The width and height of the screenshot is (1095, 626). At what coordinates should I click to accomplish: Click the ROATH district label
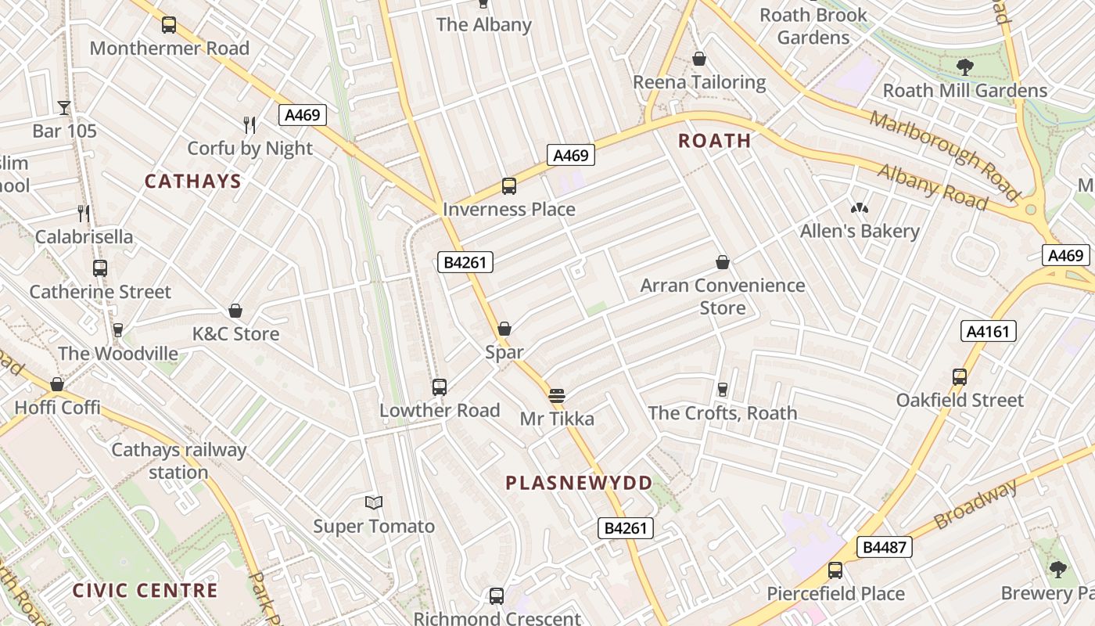[x=714, y=141]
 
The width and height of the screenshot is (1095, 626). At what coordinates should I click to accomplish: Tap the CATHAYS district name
[x=192, y=182]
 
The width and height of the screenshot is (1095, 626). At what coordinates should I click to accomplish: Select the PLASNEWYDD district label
[x=579, y=483]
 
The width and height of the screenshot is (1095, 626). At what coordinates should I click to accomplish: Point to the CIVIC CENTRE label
[x=145, y=590]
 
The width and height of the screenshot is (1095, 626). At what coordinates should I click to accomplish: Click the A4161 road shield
[x=988, y=332]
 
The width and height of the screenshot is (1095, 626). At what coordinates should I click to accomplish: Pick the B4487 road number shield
[x=885, y=547]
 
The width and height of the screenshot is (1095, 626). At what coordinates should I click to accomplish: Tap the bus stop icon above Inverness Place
[x=509, y=186]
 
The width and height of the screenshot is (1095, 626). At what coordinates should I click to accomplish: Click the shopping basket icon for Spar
[x=504, y=329]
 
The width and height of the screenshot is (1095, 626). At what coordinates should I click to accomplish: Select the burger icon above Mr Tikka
[x=557, y=396]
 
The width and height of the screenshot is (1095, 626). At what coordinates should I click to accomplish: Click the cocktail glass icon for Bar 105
[x=64, y=107]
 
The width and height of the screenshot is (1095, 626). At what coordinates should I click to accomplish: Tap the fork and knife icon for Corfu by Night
[x=250, y=124]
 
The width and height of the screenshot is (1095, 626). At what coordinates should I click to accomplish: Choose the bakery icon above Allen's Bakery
[x=859, y=208]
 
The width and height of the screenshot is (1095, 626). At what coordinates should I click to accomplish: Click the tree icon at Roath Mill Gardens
[x=965, y=67]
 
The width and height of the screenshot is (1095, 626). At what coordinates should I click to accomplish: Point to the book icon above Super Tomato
[x=374, y=502]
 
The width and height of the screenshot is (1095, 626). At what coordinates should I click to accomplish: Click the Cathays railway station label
[x=178, y=461]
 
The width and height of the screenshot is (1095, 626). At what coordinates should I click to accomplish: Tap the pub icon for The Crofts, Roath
[x=723, y=390]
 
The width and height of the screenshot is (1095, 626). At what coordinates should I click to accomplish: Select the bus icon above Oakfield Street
[x=960, y=377]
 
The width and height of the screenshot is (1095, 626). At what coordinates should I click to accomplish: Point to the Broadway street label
[x=976, y=503]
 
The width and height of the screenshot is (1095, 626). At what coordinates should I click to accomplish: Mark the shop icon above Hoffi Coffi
[x=57, y=384]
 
